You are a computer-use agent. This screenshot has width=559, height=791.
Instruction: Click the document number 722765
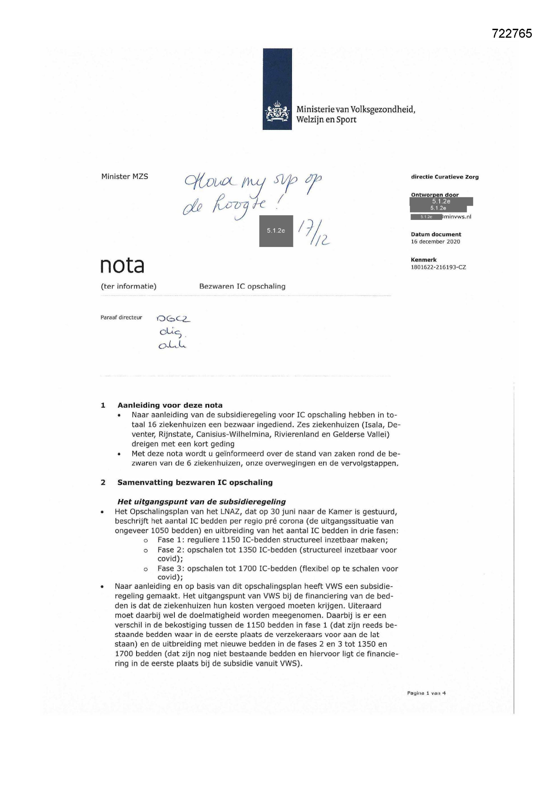(x=512, y=33)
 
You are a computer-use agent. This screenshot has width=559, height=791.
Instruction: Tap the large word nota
(x=122, y=265)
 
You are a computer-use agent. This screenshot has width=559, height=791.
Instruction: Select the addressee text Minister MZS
(x=125, y=176)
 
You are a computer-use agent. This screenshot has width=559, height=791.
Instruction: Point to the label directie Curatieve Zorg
(x=444, y=177)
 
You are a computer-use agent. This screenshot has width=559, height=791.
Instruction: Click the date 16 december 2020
(x=435, y=242)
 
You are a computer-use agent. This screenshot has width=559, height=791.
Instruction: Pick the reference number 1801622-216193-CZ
(x=438, y=267)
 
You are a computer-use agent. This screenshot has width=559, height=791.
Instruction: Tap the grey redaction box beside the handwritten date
(x=276, y=231)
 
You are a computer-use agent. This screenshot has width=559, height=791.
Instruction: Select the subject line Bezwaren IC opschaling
(x=242, y=286)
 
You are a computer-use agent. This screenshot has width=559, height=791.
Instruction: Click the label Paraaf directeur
(x=121, y=318)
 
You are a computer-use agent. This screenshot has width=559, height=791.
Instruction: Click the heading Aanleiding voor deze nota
(x=170, y=405)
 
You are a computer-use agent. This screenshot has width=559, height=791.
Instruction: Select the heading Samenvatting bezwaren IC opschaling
(x=195, y=482)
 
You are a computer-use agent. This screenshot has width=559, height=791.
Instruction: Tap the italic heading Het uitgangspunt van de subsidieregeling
(x=201, y=502)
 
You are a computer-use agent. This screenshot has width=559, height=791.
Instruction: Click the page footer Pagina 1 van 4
(x=426, y=693)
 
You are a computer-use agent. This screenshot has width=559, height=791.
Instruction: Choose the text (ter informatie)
(x=128, y=286)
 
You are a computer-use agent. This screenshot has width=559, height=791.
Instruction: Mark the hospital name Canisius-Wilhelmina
(x=236, y=434)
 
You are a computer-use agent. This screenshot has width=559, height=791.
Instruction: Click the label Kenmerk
(x=423, y=260)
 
